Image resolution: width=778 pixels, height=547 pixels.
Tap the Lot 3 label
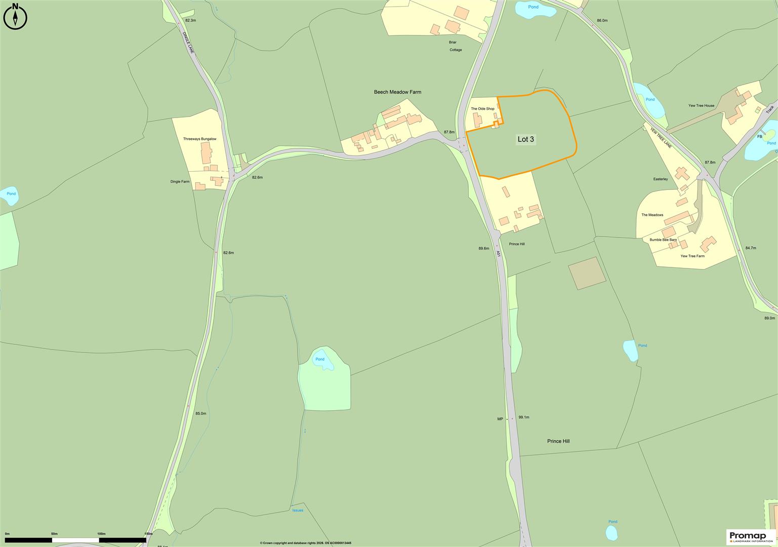[525, 139]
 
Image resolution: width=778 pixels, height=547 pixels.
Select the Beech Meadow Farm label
[397, 92]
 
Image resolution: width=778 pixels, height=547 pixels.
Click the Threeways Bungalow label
[199, 139]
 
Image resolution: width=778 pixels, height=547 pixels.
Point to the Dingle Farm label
[180, 181]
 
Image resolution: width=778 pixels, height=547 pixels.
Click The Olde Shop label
[482, 109]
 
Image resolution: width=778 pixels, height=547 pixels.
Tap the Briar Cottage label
[456, 46]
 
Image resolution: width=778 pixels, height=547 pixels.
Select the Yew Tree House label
[701, 106]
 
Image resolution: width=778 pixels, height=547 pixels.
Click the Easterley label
[661, 179]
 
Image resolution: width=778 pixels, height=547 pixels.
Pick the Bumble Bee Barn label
[663, 240]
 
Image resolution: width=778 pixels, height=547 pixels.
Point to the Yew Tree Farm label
[692, 256]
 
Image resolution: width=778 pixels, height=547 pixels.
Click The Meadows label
[652, 215]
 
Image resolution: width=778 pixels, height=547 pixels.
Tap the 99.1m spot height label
[524, 417]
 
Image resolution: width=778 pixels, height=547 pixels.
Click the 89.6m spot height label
[483, 248]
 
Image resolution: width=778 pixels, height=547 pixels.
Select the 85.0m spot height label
[200, 413]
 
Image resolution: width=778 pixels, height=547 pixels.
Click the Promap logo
[751, 536]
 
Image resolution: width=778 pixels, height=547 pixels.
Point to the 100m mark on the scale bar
[101, 534]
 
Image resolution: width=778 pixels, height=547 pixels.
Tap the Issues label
[298, 510]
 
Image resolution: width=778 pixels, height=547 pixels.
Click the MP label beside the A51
[500, 419]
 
